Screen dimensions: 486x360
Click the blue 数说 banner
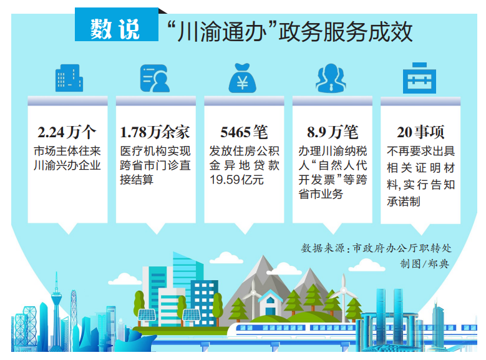117,25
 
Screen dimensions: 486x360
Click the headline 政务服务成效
346,31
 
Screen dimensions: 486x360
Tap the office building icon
69,78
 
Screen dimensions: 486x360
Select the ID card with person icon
155,78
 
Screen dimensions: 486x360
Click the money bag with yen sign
243,78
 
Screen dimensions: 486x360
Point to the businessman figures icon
331,78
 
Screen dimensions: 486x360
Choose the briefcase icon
419,78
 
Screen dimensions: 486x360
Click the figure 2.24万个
67,132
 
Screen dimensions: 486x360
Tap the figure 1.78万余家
155,132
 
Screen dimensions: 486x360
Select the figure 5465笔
244,132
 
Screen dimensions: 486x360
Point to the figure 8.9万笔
333,132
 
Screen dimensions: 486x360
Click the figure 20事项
420,132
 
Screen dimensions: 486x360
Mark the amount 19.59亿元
236,180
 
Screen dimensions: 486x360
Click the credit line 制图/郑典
424,264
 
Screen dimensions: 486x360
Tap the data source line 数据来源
376,248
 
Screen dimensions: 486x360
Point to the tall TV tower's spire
57,281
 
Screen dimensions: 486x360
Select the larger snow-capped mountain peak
263,266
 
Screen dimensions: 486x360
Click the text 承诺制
403,202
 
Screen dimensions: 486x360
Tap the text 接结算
137,180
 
